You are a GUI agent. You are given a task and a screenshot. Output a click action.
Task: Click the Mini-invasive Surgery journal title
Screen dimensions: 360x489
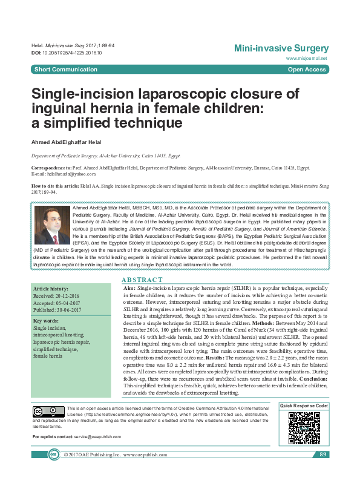tap(281, 48)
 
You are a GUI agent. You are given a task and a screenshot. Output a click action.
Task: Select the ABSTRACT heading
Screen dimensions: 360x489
tap(142, 280)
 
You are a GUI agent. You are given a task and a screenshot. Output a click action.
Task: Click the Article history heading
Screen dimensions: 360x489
tap(51, 290)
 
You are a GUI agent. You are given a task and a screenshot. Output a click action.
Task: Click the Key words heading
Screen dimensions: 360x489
tap(47, 321)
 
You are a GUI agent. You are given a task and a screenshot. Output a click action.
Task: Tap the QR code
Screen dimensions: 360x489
tap(304, 427)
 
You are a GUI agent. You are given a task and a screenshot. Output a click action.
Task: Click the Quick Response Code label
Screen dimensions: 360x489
tap(304, 405)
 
